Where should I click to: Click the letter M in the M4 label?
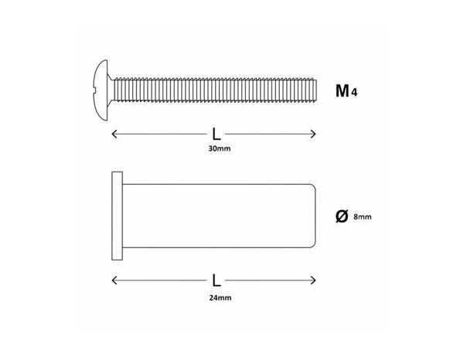click(341, 92)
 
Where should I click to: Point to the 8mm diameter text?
click(363, 219)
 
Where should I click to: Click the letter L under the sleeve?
click(215, 277)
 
